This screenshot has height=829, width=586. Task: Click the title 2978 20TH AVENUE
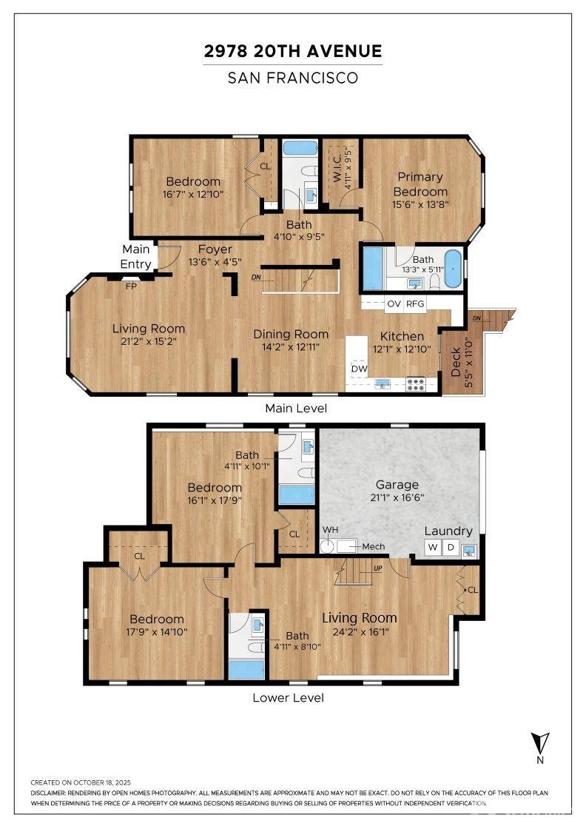293,51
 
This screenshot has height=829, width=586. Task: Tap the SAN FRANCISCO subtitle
293,78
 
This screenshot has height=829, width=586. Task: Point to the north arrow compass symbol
539,747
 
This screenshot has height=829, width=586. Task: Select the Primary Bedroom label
420,184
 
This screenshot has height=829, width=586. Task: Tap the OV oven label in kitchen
394,304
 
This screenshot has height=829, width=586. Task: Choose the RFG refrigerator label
415,304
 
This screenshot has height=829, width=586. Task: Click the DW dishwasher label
360,369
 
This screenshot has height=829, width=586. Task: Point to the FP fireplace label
130,286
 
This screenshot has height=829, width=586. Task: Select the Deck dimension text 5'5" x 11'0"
468,363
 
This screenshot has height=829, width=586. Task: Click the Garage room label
397,484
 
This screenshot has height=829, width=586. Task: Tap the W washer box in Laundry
433,547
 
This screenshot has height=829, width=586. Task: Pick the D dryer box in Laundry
451,547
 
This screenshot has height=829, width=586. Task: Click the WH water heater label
330,530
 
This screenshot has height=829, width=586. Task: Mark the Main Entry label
136,256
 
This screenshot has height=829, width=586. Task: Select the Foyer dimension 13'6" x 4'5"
215,262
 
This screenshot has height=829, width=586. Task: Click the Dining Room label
291,334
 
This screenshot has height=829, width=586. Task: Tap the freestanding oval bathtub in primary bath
453,269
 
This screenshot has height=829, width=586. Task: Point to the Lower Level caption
288,697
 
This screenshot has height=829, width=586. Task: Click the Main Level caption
296,408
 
